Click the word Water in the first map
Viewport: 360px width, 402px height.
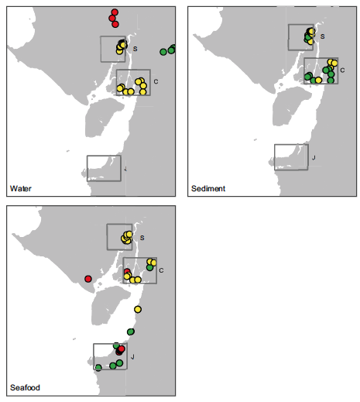point(21,188)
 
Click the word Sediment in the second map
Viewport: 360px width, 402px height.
point(208,188)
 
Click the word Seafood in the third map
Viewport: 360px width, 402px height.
point(25,387)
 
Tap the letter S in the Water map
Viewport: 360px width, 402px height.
point(135,49)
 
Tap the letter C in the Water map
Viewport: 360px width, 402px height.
point(156,81)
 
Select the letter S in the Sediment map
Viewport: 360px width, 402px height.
point(322,36)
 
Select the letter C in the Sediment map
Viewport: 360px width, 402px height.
point(342,70)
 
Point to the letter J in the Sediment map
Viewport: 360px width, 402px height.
point(314,157)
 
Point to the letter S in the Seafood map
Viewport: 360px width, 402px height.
point(142,238)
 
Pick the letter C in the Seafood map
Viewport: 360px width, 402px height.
point(161,270)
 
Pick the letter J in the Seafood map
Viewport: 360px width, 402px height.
point(132,357)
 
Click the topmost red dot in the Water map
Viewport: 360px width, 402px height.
point(115,12)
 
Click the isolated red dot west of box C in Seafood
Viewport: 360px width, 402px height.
point(88,279)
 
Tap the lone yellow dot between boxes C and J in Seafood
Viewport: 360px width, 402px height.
point(138,309)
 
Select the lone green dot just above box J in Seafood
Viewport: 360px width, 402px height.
point(131,332)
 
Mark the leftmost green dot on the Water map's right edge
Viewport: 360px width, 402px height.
point(163,52)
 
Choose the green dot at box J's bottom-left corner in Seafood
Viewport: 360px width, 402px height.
point(98,368)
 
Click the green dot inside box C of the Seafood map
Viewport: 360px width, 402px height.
point(149,267)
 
